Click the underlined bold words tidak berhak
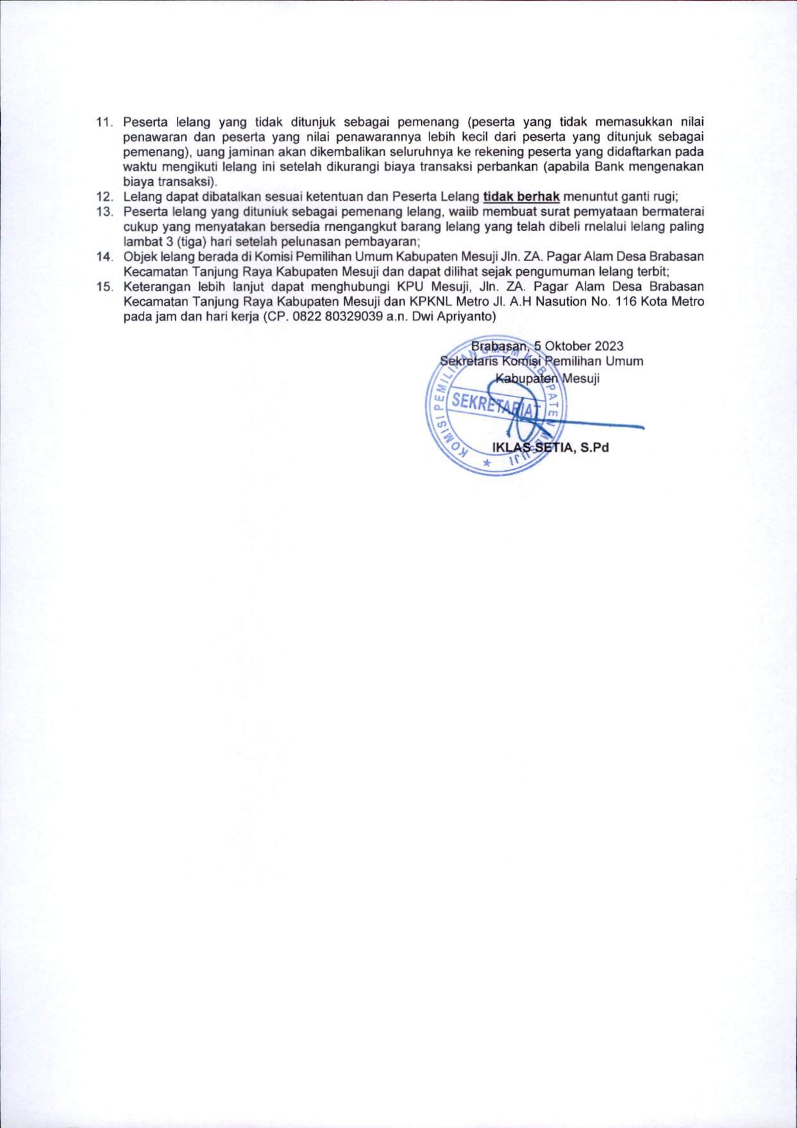pyautogui.click(x=521, y=197)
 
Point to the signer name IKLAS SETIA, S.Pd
pyautogui.click(x=550, y=448)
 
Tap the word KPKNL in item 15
pyautogui.click(x=430, y=302)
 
